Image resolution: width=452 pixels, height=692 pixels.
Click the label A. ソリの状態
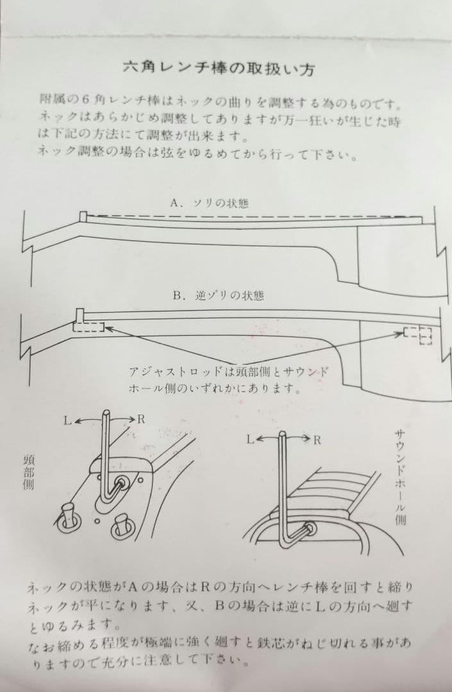210,203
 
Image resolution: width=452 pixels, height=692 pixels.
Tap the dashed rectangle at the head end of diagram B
88,327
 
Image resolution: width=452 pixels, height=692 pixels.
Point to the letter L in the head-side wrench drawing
67,421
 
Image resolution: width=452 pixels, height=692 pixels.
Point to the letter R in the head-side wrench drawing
142,419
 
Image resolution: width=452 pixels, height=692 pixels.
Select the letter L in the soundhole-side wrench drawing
251,440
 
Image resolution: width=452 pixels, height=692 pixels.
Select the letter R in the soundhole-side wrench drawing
317,440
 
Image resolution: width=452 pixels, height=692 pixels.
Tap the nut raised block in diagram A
82,217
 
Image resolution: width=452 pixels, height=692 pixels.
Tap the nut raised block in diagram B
80,315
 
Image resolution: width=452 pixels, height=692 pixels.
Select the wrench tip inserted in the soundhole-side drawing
310,529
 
